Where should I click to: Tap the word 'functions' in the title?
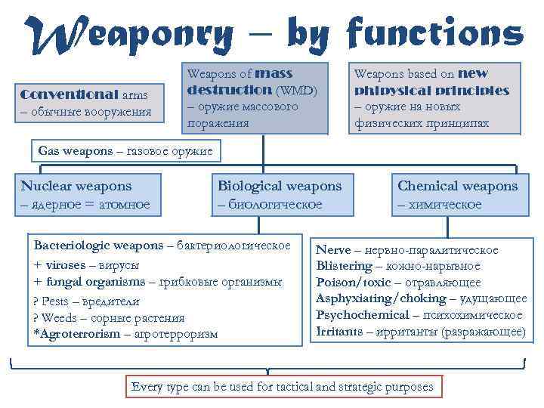434,33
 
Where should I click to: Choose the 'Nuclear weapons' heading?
76,186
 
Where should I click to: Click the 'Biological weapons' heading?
280,186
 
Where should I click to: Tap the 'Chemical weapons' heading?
457,186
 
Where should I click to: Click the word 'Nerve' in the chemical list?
333,250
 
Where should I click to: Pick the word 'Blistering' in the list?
344,266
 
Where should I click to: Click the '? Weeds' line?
57,317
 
